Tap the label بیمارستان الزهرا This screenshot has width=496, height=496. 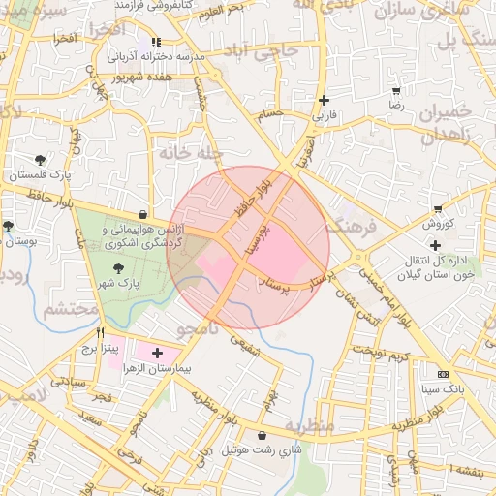(194, 369)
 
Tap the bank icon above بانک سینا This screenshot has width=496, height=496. (443, 374)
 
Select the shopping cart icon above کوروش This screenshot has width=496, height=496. (439, 208)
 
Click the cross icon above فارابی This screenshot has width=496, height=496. (324, 100)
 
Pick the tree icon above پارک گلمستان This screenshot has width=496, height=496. (40, 160)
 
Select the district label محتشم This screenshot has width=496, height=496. (71, 310)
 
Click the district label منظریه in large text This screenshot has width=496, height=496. (309, 427)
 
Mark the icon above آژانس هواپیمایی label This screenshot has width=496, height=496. (143, 215)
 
